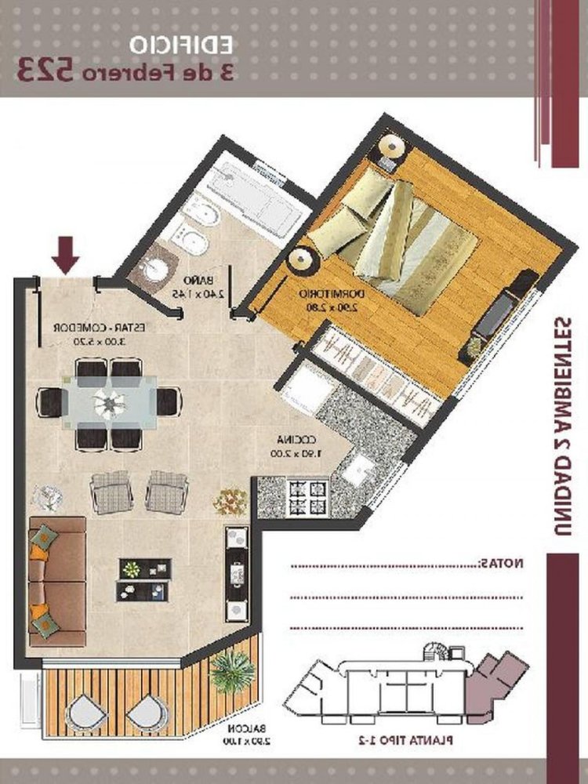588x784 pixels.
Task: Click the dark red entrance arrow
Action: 66,253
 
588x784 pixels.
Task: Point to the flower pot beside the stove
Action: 230,500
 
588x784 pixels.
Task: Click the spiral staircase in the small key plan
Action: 435,652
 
